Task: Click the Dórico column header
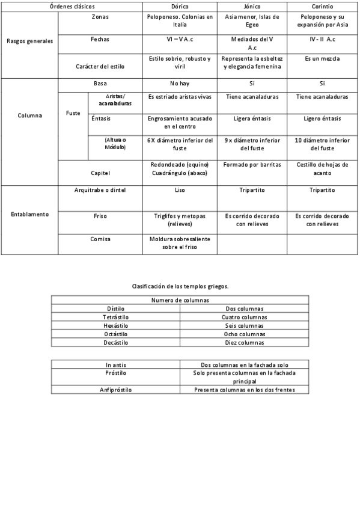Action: point(180,5)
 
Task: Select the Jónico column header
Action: point(251,5)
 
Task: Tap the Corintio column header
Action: point(323,5)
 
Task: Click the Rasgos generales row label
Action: point(29,42)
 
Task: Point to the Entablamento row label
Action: point(29,214)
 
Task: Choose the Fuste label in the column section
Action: point(73,112)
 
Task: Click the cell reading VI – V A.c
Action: point(180,38)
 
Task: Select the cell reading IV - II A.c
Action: point(323,38)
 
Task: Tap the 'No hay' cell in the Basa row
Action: point(180,83)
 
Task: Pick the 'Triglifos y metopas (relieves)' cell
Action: point(180,219)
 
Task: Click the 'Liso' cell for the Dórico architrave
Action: point(180,190)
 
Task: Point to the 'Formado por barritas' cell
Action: point(251,164)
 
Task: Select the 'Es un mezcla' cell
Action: point(323,59)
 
